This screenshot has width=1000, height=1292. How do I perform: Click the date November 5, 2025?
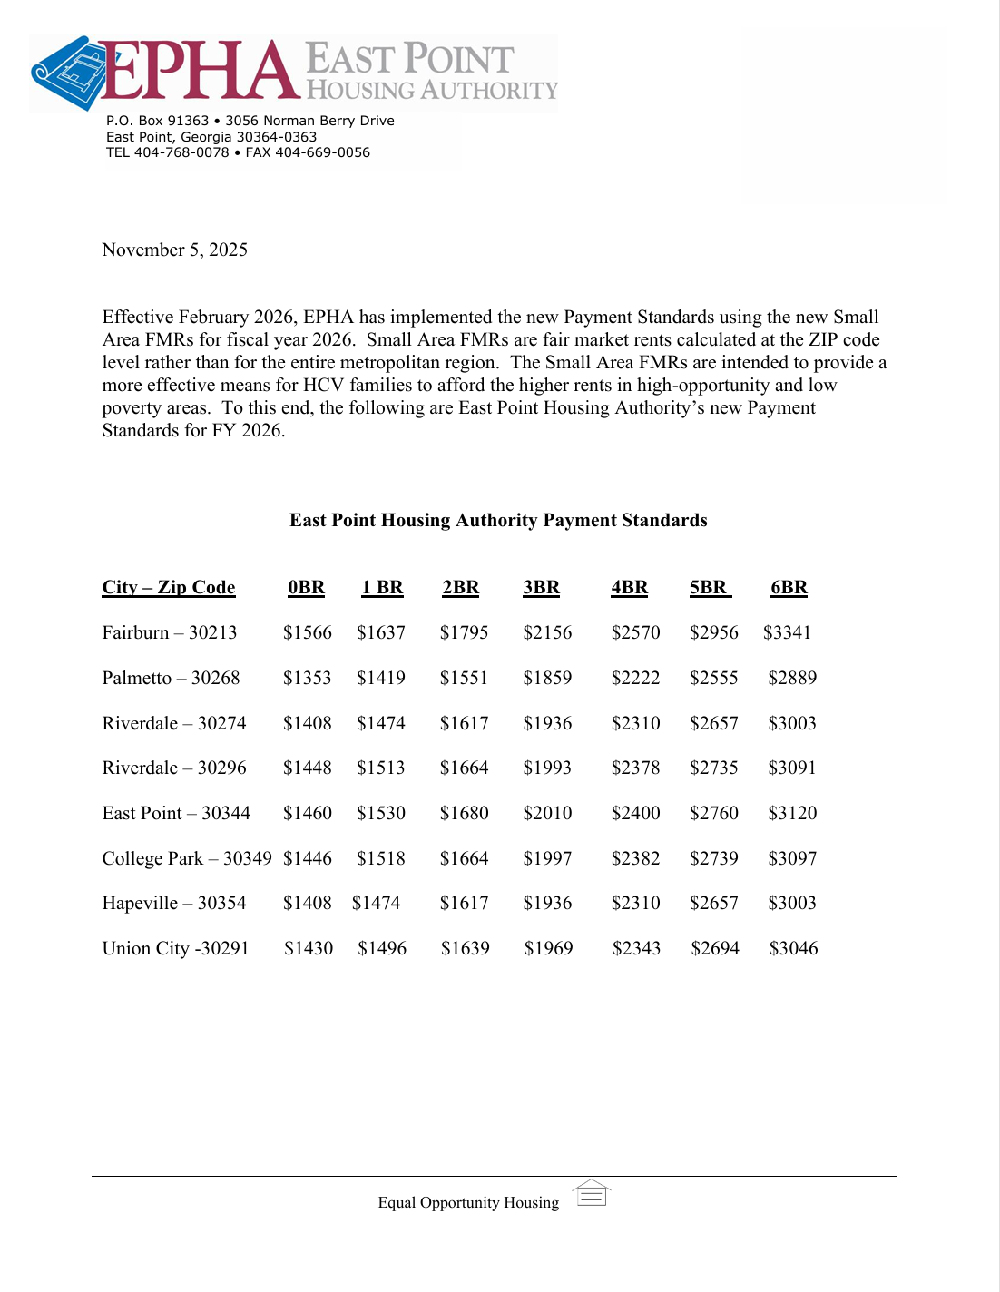click(174, 250)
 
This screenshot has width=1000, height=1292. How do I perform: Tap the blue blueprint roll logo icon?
click(67, 73)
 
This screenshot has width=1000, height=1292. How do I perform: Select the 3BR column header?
click(541, 587)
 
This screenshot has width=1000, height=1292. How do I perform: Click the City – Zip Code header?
click(169, 587)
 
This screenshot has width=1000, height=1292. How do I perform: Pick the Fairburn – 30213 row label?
click(170, 632)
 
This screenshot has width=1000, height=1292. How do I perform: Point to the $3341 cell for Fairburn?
click(787, 632)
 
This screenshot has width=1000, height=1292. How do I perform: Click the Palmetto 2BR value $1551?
click(464, 678)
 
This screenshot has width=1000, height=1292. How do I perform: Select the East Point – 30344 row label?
click(176, 813)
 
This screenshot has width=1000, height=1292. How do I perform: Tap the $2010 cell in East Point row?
click(547, 813)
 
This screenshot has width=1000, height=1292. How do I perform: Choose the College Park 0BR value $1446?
click(308, 858)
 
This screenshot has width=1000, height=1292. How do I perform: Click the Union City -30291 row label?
click(175, 948)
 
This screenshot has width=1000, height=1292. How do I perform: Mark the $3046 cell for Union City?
click(793, 948)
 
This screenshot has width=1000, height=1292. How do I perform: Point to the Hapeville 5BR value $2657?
click(714, 903)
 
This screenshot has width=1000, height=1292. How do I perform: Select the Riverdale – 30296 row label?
click(174, 768)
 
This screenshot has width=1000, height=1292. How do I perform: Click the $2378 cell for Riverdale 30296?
click(635, 768)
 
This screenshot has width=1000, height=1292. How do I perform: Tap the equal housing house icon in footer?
click(592, 1193)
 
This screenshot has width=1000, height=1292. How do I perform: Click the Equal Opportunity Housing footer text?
click(468, 1202)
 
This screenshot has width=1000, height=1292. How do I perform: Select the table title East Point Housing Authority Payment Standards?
click(498, 520)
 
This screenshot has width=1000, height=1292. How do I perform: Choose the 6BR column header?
click(789, 587)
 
